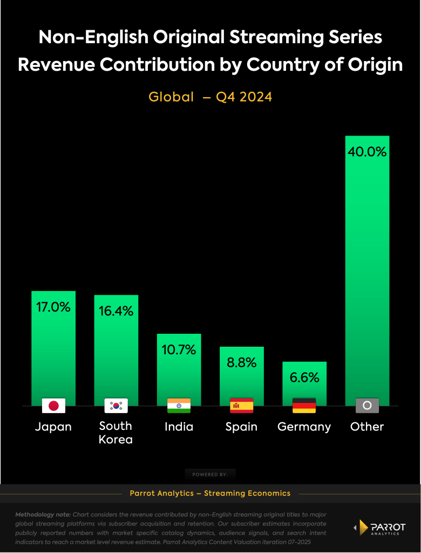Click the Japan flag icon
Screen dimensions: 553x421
coord(53,406)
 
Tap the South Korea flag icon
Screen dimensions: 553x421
coord(116,406)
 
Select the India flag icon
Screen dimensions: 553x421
coord(179,406)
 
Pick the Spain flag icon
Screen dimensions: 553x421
coord(241,406)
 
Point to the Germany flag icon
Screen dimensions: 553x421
coord(304,406)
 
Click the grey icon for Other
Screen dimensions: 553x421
coord(367,406)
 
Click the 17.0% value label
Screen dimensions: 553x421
coord(53,307)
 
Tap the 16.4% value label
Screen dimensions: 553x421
coord(116,311)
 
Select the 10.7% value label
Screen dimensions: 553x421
coord(179,350)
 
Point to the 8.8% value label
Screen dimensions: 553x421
coord(241,363)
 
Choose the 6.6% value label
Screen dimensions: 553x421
coord(304,377)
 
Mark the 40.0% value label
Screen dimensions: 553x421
coord(367,152)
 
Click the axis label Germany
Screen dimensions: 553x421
coord(304,427)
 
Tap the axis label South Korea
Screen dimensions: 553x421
coord(116,433)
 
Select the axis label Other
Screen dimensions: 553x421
coord(367,427)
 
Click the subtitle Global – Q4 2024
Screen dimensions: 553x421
coord(210,97)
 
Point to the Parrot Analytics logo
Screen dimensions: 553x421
coord(378,528)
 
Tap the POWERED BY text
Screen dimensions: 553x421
coord(210,475)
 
